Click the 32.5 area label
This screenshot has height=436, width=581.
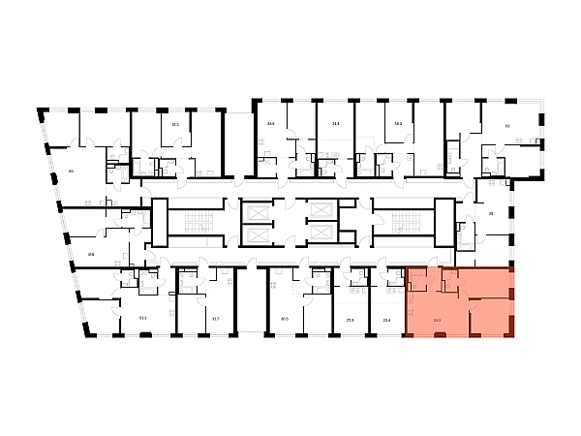coord(175,124)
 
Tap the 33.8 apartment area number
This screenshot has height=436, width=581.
coord(271,124)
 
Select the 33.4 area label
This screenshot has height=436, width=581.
coord(335,124)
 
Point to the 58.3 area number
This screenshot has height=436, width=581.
coord(398,124)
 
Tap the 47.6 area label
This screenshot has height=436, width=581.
coord(91,255)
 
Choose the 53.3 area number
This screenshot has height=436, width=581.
coord(142,317)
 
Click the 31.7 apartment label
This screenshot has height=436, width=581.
coord(215,317)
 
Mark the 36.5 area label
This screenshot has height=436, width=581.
coord(285,317)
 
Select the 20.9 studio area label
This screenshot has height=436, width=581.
coord(350,317)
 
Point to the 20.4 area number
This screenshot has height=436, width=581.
coord(386,317)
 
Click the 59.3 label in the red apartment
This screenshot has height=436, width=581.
coord(438,317)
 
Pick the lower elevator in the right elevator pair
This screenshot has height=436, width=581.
coord(317,235)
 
